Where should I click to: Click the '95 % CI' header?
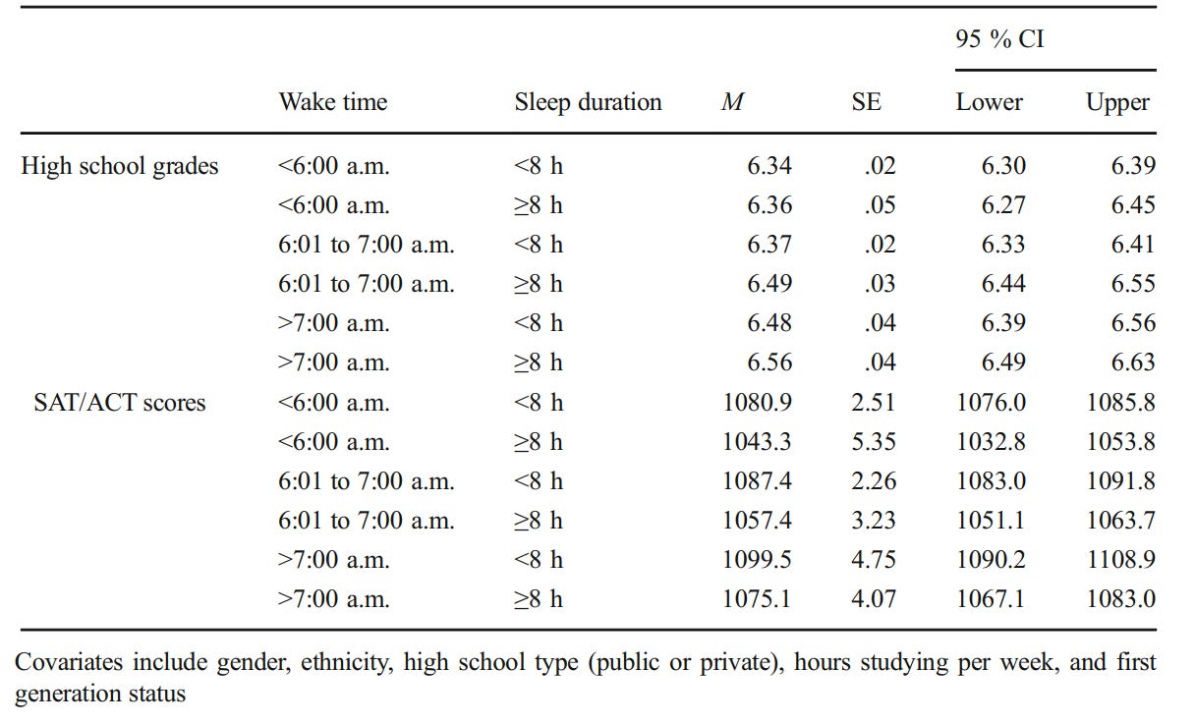click(999, 39)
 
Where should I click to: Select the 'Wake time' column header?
click(333, 102)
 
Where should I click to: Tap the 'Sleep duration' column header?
click(588, 102)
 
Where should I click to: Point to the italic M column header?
click(732, 102)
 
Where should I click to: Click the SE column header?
click(867, 102)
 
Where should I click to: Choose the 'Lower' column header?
click(989, 102)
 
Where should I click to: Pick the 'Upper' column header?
click(1117, 102)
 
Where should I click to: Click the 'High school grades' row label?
click(120, 166)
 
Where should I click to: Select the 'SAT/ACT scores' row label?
click(120, 403)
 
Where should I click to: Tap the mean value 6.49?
click(769, 283)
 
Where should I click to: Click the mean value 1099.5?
click(757, 559)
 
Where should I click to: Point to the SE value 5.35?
click(874, 441)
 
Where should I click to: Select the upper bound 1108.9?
click(1121, 559)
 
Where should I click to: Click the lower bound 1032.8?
click(991, 441)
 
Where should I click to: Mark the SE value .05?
click(880, 204)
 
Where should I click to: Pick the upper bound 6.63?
click(1133, 362)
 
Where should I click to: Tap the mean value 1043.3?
click(757, 441)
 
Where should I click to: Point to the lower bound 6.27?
click(1003, 204)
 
